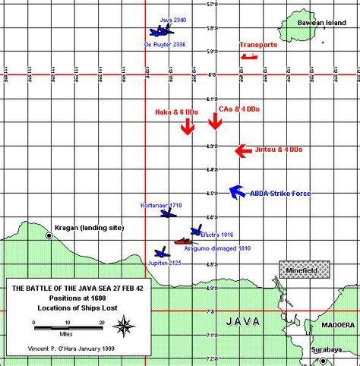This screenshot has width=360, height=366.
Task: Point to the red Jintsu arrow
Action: pyautogui.click(x=242, y=151)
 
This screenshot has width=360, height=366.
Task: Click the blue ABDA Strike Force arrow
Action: pyautogui.click(x=236, y=191)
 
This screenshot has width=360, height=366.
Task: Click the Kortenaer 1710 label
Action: pyautogui.click(x=161, y=206)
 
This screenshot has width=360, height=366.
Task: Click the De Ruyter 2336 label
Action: pyautogui.click(x=164, y=45)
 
